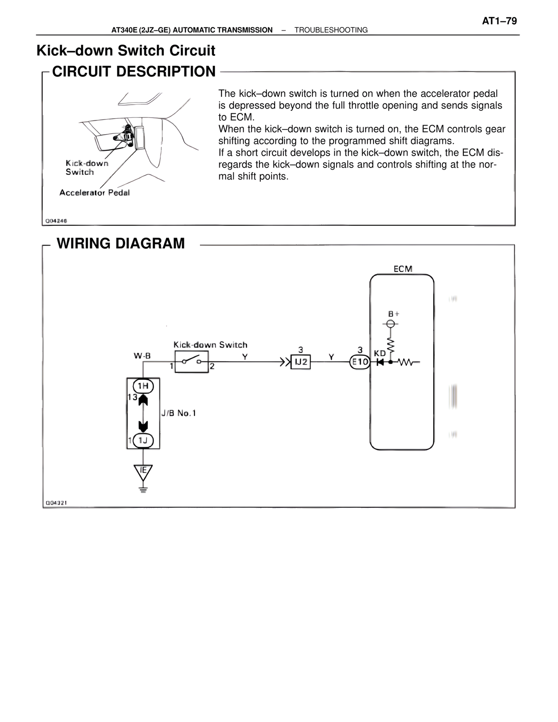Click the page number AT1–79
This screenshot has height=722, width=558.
(499, 21)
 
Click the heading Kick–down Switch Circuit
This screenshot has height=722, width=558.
(126, 51)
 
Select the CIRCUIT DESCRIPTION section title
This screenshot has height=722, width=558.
(134, 72)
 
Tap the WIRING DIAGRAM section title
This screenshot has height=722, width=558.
(121, 243)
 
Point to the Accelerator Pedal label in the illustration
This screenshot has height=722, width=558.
(94, 193)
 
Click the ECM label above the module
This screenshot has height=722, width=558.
(403, 269)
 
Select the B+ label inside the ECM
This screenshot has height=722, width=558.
(394, 313)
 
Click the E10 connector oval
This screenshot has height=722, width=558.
(360, 362)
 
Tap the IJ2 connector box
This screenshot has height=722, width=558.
(301, 362)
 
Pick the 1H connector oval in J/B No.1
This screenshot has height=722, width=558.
(143, 386)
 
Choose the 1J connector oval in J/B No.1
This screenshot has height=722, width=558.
(143, 441)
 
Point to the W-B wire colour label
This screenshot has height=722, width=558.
(142, 356)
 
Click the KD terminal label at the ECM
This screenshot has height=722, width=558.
(380, 354)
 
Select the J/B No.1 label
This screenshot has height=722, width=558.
(179, 413)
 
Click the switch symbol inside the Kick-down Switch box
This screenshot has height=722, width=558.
(192, 361)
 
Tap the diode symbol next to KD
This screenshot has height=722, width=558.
(380, 362)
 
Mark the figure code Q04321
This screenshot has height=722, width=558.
(56, 503)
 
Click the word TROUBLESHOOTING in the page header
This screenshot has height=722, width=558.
(331, 30)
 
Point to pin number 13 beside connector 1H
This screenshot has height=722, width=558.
(132, 397)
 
